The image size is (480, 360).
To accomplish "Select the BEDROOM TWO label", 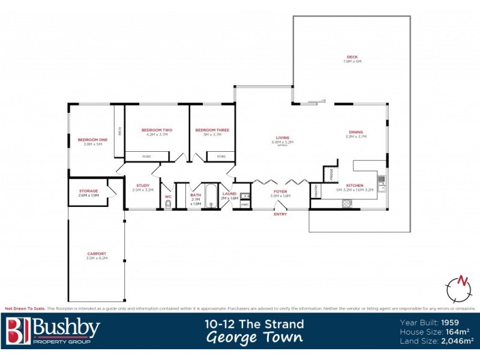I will tap(157, 130).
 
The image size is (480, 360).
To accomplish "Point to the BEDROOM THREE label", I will tap(212, 130).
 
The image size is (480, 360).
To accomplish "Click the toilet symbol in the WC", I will tap(168, 205).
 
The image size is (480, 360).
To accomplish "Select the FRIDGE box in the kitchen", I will tap(331, 174).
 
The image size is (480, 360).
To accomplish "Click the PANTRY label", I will tap(316, 190).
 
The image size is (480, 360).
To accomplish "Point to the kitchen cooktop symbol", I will tap(347, 203).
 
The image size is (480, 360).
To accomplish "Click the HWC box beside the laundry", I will tap(244, 205).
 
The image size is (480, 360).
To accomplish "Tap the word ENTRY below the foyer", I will tap(280, 214).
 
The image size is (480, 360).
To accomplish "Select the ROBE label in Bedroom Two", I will tap(146, 156).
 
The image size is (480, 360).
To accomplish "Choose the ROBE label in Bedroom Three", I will tap(221, 156).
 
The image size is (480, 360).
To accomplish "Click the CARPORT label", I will tap(96, 254).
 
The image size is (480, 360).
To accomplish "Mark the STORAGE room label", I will tap(88, 191).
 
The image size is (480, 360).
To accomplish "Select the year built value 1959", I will tap(451, 322).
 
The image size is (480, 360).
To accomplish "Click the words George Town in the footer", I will tap(254, 338).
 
